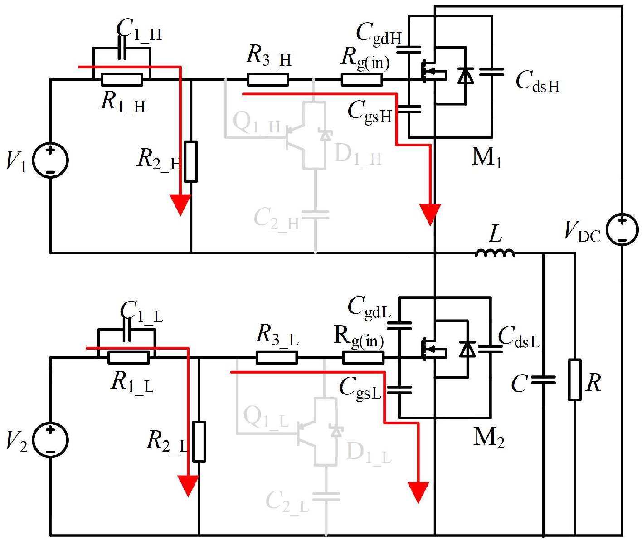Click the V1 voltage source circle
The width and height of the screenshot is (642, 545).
50,161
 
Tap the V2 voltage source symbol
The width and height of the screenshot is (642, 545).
50,440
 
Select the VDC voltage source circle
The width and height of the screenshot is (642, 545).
623,230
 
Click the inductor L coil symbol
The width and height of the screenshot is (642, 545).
495,253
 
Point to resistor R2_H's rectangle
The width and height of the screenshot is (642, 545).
191,161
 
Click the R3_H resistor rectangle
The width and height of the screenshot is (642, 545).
267,80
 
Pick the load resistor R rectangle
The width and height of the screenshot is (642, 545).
574,380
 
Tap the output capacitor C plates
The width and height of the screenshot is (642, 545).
543,380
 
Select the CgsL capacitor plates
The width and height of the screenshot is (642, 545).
399,390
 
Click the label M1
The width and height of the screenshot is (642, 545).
486,158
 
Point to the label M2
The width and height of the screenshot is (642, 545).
489,438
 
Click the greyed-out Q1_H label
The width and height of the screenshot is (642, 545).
257,123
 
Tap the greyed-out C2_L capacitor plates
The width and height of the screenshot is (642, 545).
326,497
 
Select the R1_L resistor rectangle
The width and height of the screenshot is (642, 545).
129,358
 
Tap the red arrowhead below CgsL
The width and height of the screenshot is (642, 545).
418,492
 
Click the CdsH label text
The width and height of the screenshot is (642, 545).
537,82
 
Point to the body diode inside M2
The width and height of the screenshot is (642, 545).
467,349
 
